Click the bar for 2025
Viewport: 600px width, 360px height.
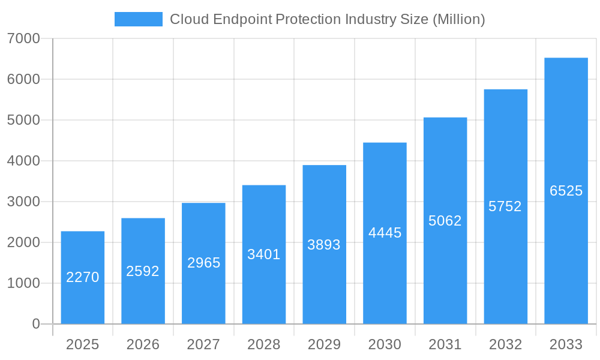coord(83,277)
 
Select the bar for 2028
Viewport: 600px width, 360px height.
coord(264,254)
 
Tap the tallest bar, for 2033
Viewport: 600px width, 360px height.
coord(566,191)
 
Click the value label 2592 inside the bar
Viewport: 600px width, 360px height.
coord(143,271)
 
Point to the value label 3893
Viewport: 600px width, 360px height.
coord(324,245)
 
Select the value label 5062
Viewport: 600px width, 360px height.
coord(445,221)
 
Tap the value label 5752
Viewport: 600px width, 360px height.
coord(505,206)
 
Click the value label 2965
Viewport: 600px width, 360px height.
coord(204,263)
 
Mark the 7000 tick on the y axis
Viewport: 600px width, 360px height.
coord(23,38)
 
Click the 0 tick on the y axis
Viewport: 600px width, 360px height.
coord(35,324)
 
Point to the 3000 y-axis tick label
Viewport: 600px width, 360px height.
coord(23,202)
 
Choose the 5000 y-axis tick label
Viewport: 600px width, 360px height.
coord(23,120)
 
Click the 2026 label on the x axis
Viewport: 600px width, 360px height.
coord(143,344)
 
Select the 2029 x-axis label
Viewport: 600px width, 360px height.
coord(324,344)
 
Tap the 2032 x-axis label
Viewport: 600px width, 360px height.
coord(505,344)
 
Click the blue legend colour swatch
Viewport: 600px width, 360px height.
coord(139,19)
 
